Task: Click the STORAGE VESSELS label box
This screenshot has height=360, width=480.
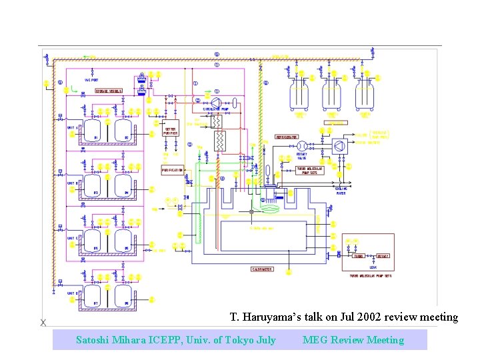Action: click(108, 91)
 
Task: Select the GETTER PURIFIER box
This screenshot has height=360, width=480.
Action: click(171, 131)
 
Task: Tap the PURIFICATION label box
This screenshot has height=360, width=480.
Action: click(172, 171)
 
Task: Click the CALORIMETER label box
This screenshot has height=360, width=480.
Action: click(261, 269)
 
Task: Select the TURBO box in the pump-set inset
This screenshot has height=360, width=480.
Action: click(359, 255)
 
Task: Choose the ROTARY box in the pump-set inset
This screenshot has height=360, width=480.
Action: click(383, 255)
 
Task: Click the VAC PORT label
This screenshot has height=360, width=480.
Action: click(91, 80)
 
